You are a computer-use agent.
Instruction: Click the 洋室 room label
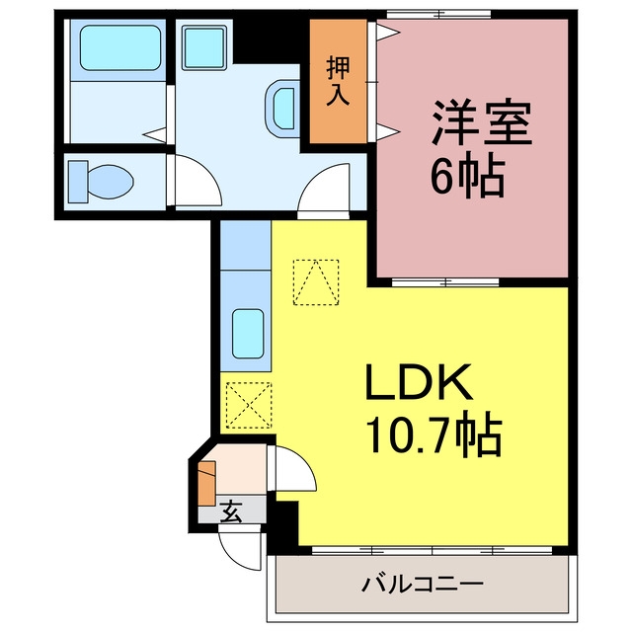(482, 121)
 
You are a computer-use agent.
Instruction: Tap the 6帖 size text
(467, 177)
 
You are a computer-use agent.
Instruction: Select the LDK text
(419, 382)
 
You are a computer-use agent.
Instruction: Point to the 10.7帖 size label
(434, 434)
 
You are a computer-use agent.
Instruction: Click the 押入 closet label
(338, 81)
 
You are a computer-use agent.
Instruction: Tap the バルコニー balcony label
(422, 584)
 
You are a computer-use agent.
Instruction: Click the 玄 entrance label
(231, 512)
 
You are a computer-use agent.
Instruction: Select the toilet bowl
(101, 182)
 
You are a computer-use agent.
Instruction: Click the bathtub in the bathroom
(120, 48)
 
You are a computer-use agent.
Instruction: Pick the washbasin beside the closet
(282, 109)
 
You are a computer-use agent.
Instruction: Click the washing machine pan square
(204, 47)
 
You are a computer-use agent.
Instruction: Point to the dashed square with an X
(249, 405)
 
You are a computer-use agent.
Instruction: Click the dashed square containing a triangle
(316, 282)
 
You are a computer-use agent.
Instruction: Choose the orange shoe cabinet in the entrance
(207, 483)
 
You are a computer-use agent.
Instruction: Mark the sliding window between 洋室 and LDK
(445, 281)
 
